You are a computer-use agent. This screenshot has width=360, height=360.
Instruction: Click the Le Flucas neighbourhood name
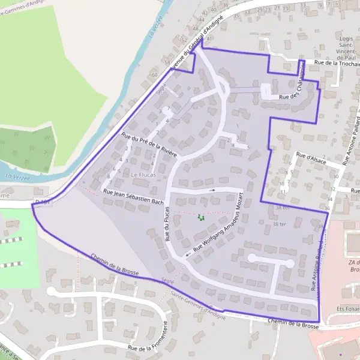coord(143,175)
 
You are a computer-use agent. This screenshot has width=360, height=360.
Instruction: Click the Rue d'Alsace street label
coord(310,160)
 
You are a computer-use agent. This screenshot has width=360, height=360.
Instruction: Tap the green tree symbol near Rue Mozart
coord(201,217)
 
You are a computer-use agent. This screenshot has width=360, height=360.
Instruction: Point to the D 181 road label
coord(41,203)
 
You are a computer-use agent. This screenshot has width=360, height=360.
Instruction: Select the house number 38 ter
coord(280,224)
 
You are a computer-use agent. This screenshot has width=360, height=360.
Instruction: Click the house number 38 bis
coord(283,208)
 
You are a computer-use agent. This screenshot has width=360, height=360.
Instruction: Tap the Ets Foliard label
coord(347,308)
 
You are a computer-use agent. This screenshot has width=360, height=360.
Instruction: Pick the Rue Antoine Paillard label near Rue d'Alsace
coord(349,144)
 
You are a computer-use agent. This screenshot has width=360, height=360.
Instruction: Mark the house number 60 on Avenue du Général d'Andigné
coord(155,75)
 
